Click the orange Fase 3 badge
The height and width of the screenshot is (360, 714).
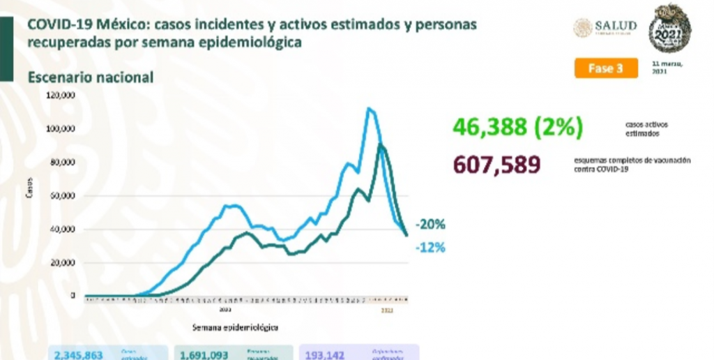tap(605, 68)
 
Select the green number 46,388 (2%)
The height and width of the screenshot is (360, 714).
tap(517, 128)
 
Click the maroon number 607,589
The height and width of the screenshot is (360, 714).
tap(496, 165)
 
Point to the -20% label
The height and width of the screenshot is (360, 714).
tap(430, 225)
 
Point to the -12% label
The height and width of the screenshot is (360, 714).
tap(430, 248)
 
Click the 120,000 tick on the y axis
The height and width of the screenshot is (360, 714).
tap(60, 96)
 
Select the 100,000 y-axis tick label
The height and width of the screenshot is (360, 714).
tap(60, 129)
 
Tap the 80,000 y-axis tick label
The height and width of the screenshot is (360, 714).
tap(62, 163)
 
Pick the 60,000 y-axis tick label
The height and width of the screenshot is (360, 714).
tap(62, 196)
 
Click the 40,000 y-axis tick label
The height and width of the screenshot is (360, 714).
tap(62, 230)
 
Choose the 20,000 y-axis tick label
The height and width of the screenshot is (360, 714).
tap(62, 263)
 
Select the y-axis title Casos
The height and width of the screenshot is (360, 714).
tap(30, 191)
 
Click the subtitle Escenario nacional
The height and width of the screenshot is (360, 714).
tap(90, 77)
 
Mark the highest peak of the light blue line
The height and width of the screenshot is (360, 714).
tap(369, 108)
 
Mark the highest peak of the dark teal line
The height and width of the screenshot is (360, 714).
tap(380, 144)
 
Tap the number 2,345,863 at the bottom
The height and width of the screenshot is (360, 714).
tap(79, 354)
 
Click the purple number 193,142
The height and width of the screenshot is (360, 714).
tap(326, 354)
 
